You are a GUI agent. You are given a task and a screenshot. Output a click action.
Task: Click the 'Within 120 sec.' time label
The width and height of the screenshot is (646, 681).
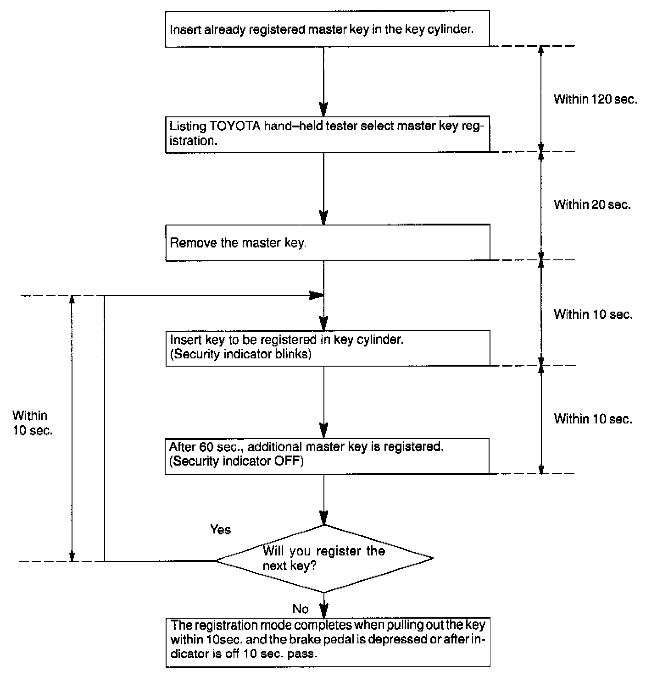pos(595,99)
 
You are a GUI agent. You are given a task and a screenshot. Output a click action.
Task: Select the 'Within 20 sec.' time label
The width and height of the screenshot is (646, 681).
pos(592,204)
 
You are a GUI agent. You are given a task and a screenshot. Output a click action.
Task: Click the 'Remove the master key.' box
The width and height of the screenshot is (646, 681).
pos(328,242)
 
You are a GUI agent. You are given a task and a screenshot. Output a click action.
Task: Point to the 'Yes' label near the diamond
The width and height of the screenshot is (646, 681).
pos(221,530)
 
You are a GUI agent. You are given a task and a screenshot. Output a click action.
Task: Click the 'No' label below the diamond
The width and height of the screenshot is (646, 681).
pos(301,609)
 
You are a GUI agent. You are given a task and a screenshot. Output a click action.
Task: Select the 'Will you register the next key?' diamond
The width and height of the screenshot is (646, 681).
pos(324,559)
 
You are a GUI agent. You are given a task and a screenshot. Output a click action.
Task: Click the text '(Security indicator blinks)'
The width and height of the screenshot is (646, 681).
pos(241,354)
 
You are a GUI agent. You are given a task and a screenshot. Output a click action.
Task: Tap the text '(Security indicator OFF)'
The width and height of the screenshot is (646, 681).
pos(237,461)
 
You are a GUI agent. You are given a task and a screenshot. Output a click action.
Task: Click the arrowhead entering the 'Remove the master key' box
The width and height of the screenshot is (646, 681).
pos(324,218)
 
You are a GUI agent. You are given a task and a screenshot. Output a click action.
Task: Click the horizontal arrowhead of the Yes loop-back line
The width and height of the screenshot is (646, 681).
pos(316,295)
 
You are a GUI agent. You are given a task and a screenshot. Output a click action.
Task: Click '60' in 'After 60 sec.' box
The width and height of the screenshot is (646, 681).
pos(206,446)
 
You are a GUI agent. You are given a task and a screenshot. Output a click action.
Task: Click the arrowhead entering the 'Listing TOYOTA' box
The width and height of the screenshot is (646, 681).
pos(324,110)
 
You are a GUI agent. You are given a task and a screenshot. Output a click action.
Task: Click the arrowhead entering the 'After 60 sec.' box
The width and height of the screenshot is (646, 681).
pos(324,432)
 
